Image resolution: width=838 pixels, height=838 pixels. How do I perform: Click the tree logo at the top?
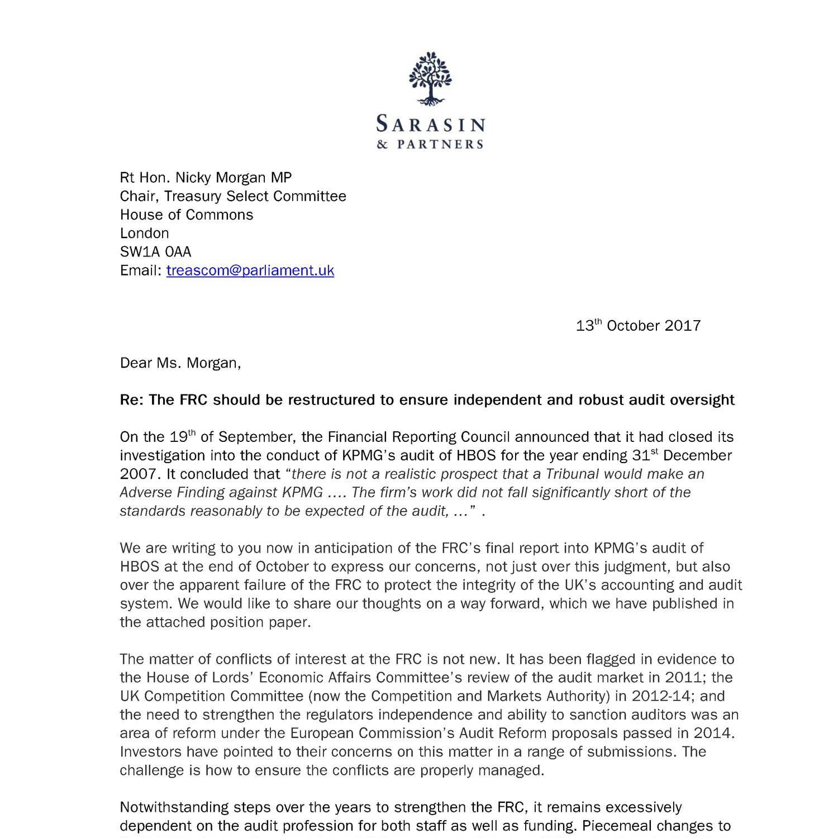(x=429, y=79)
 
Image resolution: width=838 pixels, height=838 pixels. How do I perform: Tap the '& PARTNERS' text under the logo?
(x=430, y=145)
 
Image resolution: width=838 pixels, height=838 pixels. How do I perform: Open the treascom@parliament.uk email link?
(x=250, y=270)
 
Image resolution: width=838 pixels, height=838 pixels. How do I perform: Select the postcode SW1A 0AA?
(x=155, y=252)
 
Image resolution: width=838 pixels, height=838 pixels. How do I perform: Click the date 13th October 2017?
(x=638, y=326)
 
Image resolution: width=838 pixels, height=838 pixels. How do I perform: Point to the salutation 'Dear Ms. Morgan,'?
(x=180, y=363)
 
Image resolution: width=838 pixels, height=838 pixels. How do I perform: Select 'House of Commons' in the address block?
(x=186, y=215)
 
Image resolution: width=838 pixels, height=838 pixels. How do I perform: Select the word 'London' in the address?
(x=144, y=234)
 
